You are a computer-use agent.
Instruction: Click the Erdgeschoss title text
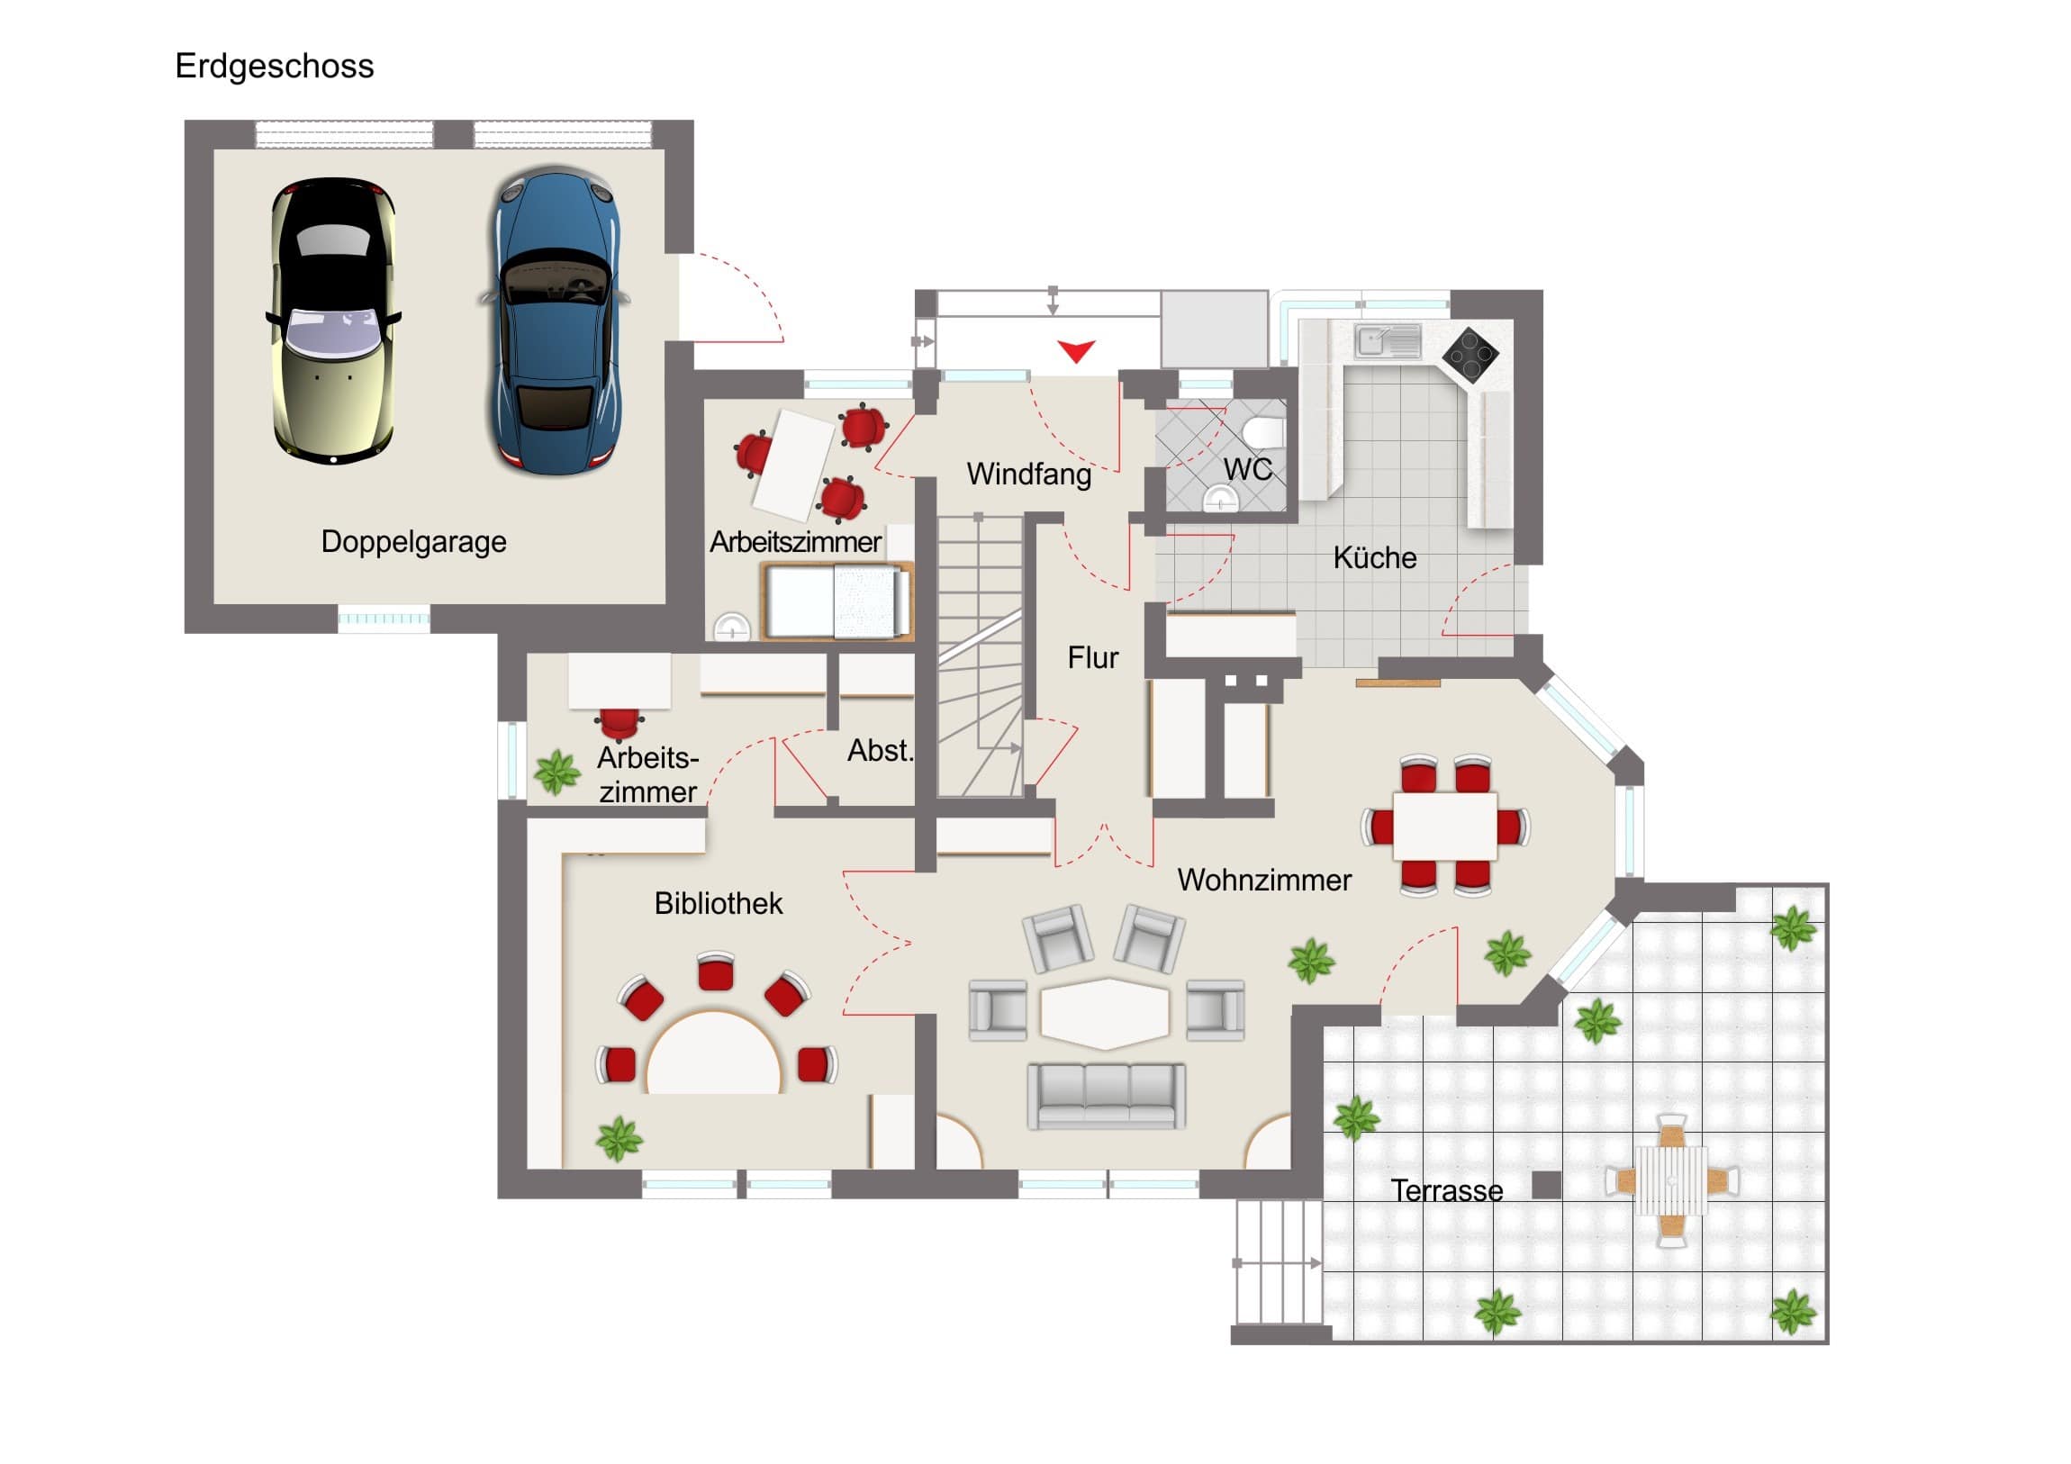275,67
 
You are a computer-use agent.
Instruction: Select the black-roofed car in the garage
334,321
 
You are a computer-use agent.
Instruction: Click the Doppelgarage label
413,542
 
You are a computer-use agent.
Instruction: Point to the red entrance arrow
1076,350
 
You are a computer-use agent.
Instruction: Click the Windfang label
1028,474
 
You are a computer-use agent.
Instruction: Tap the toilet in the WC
1264,432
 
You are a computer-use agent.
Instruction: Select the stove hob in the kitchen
1470,354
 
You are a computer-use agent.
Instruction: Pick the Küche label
1374,558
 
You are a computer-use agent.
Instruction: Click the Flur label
1092,657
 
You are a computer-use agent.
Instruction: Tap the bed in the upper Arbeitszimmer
837,601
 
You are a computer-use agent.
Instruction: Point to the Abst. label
880,751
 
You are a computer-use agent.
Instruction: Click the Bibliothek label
718,904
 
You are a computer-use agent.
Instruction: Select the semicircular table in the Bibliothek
713,1056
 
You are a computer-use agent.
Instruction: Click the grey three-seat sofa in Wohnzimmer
1107,1095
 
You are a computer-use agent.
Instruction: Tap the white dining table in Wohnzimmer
1445,826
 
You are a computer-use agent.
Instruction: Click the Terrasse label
1446,1190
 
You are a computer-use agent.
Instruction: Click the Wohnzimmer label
1263,881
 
